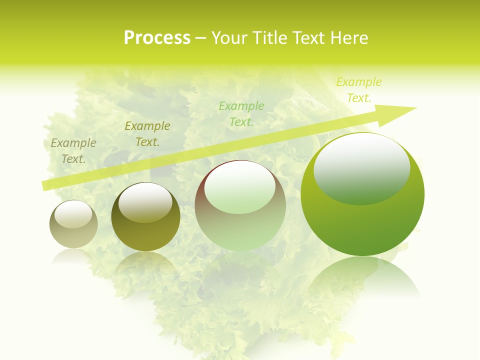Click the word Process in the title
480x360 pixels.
tap(157, 38)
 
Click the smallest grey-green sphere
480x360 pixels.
tap(73, 224)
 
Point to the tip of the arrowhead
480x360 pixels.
tap(416, 108)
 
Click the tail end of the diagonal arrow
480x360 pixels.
tap(44, 185)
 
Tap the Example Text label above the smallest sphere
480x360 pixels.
tap(73, 151)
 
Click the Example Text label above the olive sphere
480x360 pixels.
tap(147, 134)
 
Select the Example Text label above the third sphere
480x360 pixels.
tap(241, 114)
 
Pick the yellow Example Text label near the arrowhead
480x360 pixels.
tap(358, 90)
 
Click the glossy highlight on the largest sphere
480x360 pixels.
tap(361, 167)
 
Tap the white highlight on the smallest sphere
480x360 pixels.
tap(73, 214)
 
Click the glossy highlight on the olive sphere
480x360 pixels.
tap(145, 201)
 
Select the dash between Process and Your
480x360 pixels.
tap(200, 38)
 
